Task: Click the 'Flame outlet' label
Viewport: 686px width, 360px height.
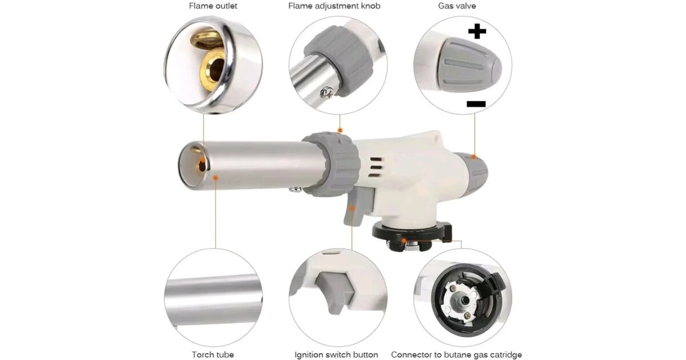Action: coord(213,6)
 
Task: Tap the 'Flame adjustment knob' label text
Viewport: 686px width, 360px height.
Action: coord(334,6)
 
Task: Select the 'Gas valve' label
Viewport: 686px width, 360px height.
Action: coord(457,6)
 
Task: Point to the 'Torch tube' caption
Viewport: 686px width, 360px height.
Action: coord(213,354)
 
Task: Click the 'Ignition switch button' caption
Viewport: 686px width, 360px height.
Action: coord(336,354)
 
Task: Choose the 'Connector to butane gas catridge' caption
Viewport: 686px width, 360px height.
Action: coord(456,354)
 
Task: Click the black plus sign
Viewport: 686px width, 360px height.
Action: coord(477,31)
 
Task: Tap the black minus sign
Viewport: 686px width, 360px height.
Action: coord(476,104)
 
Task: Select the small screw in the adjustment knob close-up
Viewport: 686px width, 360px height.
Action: coord(327,93)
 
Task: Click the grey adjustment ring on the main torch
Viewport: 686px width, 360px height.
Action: coord(332,164)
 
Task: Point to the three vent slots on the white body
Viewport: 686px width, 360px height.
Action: coord(376,167)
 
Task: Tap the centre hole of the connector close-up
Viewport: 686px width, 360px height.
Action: coord(465,301)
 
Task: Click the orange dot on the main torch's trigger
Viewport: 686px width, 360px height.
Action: coord(352,209)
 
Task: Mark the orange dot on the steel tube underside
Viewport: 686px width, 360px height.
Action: coord(216,178)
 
